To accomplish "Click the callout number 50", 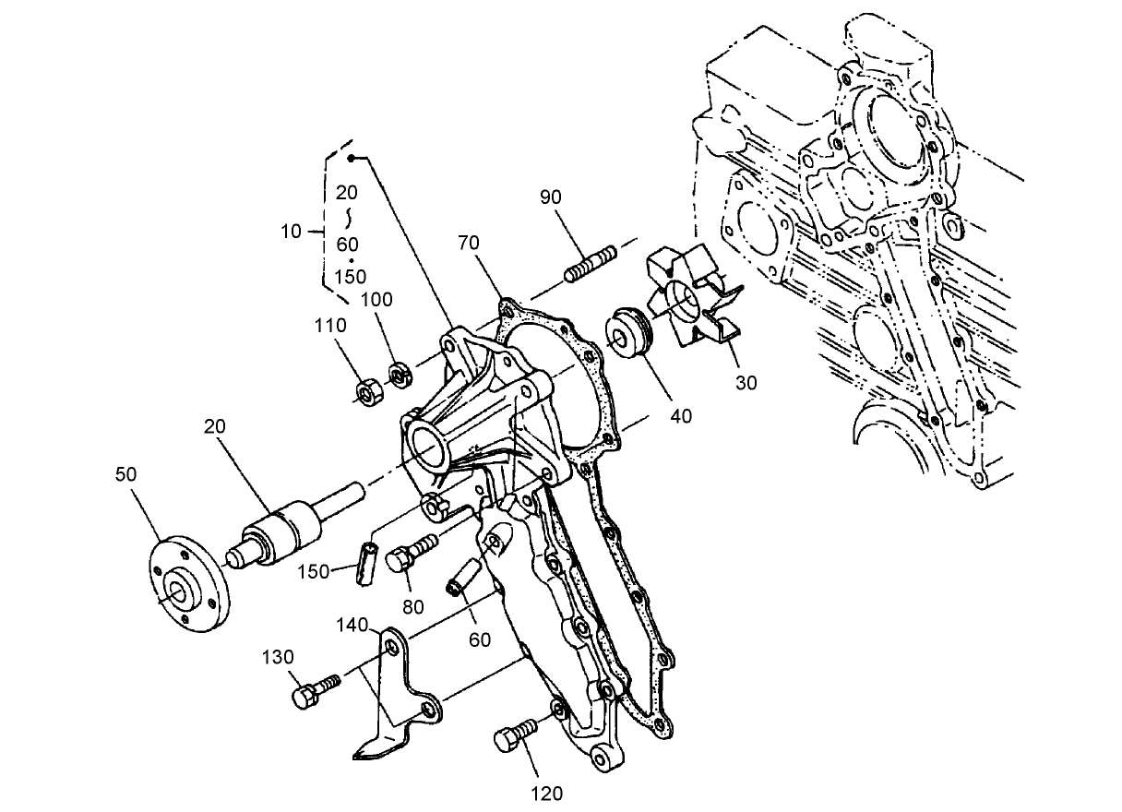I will pos(126,473).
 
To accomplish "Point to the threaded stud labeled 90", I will pos(590,263).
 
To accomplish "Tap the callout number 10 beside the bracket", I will pos(291,232).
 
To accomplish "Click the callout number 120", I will pos(547,792).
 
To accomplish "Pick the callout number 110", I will pos(330,325).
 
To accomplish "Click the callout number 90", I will pos(552,197).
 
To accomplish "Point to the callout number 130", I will pos(277,657).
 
